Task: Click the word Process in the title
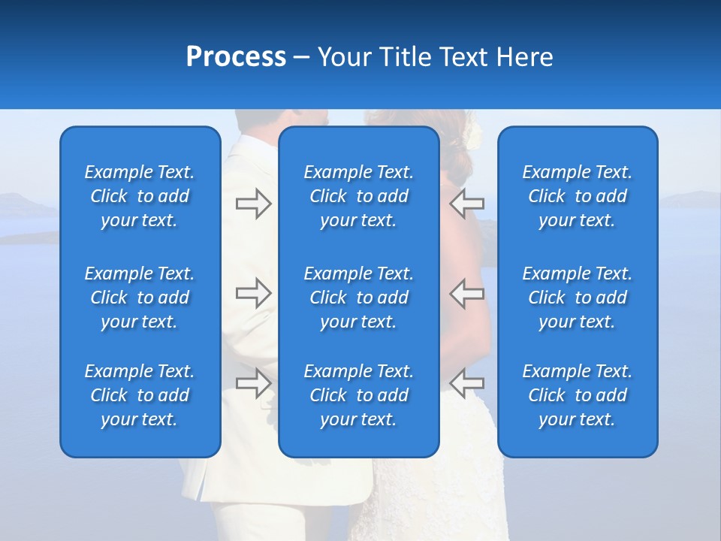coord(236,57)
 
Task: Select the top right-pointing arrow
coord(253,204)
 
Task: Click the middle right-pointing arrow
coord(253,293)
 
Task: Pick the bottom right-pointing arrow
coord(253,382)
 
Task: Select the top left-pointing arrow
coord(467,204)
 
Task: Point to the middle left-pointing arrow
coord(467,293)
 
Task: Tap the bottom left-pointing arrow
coord(467,382)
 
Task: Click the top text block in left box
coord(140,196)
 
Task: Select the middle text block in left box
coord(140,298)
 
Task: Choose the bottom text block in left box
coord(140,395)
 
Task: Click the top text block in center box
coord(359,196)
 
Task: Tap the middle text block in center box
coord(359,298)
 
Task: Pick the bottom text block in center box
coord(359,395)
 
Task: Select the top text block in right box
coord(578,196)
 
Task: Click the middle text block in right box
coord(578,298)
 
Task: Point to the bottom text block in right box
coord(578,395)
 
